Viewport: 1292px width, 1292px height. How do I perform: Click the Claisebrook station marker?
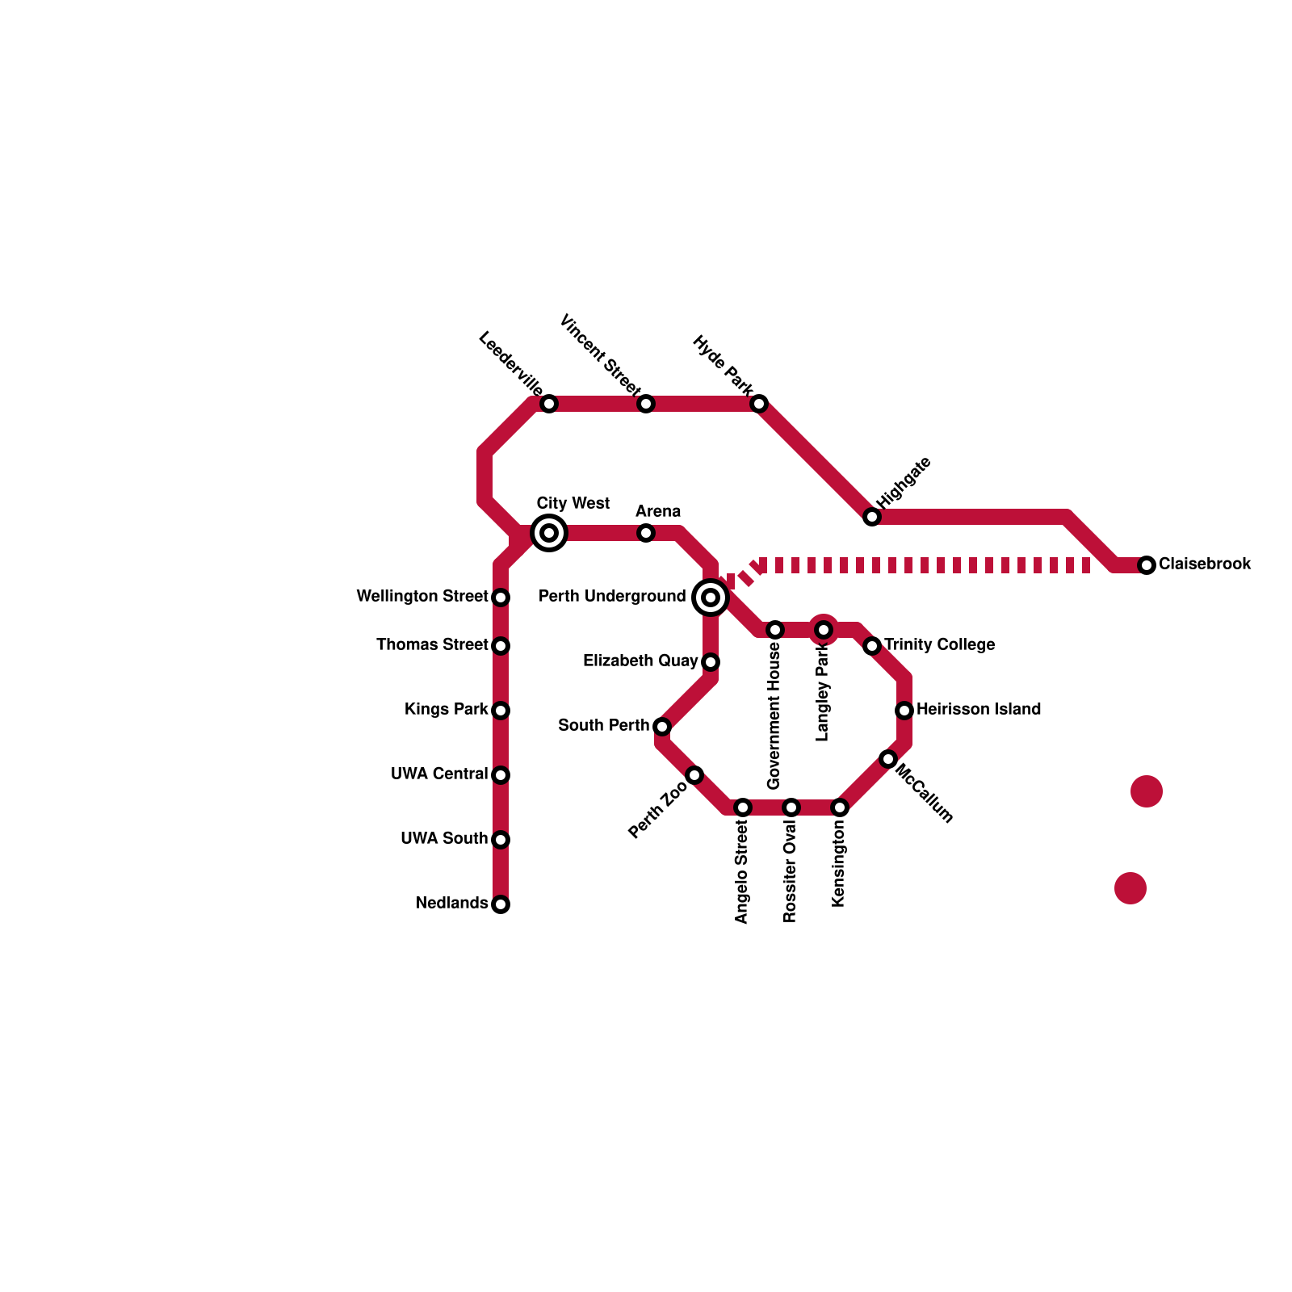tap(1147, 565)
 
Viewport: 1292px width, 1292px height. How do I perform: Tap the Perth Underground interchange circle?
tap(711, 598)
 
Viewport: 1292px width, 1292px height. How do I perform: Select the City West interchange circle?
tap(549, 533)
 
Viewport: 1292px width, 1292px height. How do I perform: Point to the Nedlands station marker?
tap(501, 904)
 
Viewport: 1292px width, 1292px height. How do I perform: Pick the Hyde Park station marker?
tap(759, 404)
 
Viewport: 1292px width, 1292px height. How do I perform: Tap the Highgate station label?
tap(904, 483)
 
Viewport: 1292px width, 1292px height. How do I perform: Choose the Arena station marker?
tap(646, 533)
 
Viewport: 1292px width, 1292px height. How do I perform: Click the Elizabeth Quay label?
tap(640, 661)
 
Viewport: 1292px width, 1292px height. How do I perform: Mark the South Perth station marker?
tap(662, 727)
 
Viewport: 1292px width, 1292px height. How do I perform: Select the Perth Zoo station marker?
tap(694, 775)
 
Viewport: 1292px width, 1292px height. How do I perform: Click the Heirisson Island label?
tap(979, 710)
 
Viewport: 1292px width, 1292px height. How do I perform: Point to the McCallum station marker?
tap(888, 759)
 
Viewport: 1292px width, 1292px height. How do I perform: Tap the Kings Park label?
tap(447, 710)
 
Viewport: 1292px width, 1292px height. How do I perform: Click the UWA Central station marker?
tap(501, 775)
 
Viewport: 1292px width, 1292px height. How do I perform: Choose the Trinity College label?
tap(939, 645)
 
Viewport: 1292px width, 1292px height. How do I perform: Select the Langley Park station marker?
tap(824, 630)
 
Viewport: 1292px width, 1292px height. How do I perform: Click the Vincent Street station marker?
tap(646, 404)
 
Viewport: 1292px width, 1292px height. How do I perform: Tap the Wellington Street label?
tap(422, 597)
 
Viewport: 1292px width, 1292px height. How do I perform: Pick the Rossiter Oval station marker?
tap(791, 807)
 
